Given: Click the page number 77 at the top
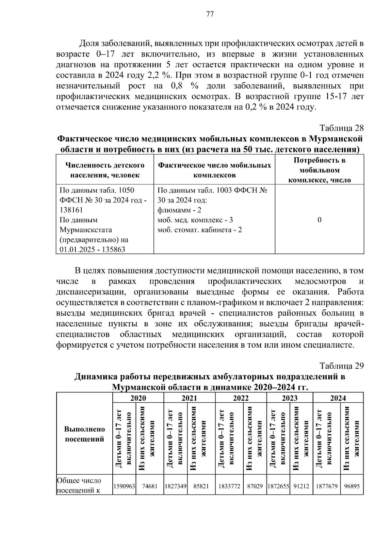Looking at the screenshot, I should pos(210,14).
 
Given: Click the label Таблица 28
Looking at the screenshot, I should pos(341,128).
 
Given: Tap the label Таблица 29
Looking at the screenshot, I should pos(341,366).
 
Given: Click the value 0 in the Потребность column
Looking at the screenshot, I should pos(319,220).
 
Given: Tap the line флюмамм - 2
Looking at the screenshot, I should pos(179,210).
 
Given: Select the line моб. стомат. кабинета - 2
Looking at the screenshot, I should pos(200,230).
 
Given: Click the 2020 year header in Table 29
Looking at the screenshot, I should pos(138,398).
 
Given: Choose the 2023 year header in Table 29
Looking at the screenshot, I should pos(290,398).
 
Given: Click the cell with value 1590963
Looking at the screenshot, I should pos(124,486).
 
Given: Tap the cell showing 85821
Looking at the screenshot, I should pos(201,486).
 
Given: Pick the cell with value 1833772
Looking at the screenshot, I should pos(229,486).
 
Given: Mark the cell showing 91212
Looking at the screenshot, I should pos(301,486).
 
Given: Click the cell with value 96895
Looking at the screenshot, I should pos(351,486).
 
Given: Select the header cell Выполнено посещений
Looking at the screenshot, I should pos(85,434).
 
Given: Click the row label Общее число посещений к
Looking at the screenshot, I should pos(79,485).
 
